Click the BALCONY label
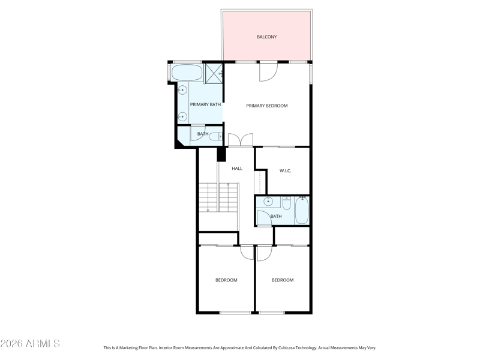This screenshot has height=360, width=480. (x=266, y=37)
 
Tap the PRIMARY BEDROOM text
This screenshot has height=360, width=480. (x=267, y=106)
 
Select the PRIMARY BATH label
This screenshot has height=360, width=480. (x=205, y=104)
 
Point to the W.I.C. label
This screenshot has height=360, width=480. (x=286, y=170)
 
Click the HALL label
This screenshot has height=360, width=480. (x=237, y=168)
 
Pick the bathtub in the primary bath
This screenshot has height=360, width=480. (x=187, y=73)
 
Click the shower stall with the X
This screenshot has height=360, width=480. (x=214, y=73)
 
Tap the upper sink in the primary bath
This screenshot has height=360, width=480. (x=182, y=91)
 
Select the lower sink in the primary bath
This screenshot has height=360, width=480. (x=182, y=116)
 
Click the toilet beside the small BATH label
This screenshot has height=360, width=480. (x=215, y=136)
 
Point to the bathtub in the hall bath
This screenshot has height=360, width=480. (x=302, y=210)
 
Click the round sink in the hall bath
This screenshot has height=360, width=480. (x=268, y=201)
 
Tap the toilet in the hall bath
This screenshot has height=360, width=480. (x=287, y=203)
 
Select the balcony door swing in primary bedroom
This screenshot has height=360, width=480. (x=268, y=71)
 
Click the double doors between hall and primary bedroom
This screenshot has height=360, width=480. (x=241, y=140)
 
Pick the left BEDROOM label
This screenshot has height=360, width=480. (x=226, y=280)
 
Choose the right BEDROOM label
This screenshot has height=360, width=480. (x=283, y=280)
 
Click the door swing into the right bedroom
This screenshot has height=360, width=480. (x=264, y=253)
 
